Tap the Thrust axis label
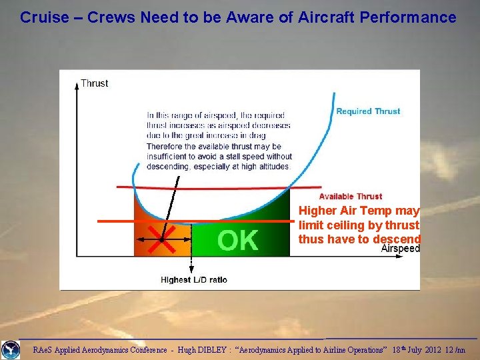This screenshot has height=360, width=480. coord(95,83)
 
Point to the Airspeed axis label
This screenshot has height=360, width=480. coord(401,249)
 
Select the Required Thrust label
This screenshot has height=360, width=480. coord(368,111)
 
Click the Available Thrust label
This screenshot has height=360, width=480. coord(350,196)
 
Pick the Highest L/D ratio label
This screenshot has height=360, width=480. coord(194,279)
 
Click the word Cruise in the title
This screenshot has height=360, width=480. coord(45,17)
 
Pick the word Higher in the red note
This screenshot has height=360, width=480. coord(319,211)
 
